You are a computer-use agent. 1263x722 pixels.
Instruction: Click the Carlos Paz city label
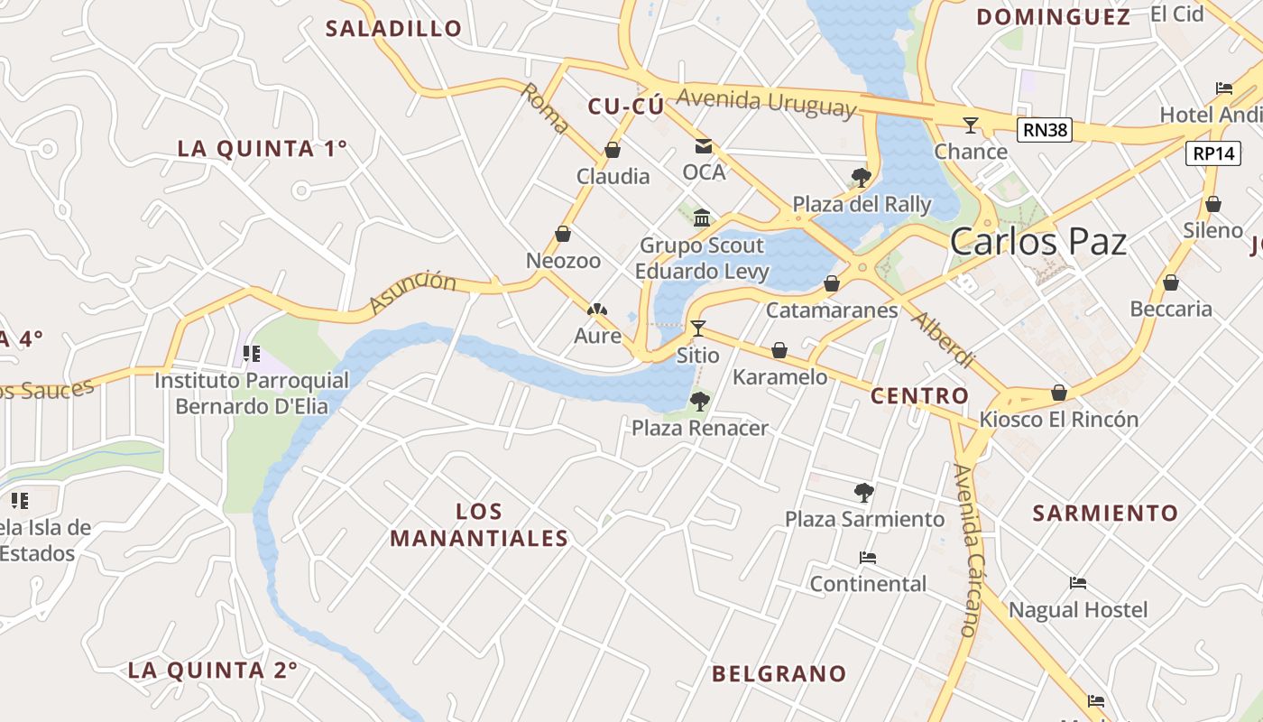(1038, 242)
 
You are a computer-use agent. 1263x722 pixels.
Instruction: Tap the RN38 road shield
(1046, 130)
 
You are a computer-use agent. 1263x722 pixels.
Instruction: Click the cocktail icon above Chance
(971, 125)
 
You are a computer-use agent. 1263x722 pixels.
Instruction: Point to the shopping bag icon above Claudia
(613, 150)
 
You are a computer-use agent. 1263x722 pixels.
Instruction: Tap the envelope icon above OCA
(703, 146)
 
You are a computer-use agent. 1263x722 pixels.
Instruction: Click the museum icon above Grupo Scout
(702, 218)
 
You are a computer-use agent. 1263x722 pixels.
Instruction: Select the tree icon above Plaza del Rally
(861, 177)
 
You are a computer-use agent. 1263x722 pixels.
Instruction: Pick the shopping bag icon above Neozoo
(563, 235)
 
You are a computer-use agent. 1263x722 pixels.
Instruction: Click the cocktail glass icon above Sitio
(697, 329)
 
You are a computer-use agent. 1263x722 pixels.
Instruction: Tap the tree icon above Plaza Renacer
(699, 402)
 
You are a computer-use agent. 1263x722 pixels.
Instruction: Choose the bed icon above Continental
(868, 558)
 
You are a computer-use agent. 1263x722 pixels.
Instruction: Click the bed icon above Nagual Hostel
(1077, 583)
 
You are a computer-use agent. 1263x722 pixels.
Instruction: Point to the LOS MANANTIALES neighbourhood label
(479, 525)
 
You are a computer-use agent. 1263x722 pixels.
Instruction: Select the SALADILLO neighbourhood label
(393, 28)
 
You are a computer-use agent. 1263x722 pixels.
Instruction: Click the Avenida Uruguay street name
(765, 103)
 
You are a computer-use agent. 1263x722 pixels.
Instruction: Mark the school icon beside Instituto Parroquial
(252, 354)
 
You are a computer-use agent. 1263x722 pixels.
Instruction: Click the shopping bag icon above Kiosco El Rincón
(1059, 393)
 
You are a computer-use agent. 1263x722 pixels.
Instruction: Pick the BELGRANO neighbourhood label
(779, 673)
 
